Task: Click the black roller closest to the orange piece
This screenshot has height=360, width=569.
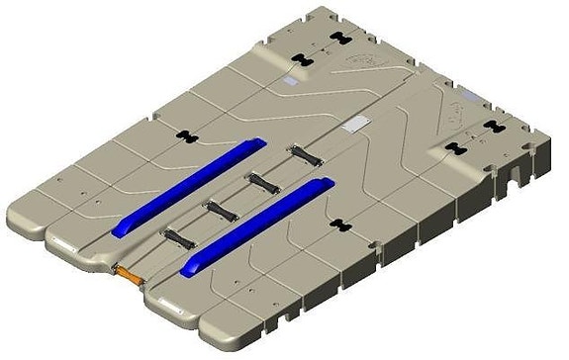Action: tap(178, 238)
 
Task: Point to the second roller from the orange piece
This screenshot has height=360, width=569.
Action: tap(221, 210)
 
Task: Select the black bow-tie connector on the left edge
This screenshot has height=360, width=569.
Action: tap(183, 135)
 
